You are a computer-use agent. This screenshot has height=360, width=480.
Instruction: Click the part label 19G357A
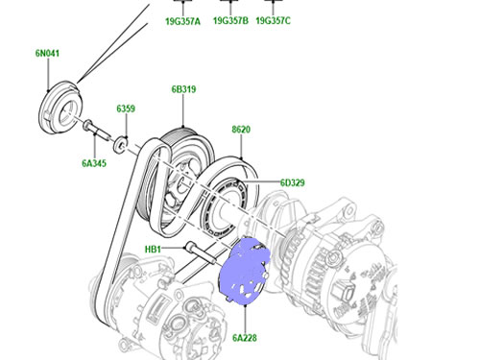click(182, 21)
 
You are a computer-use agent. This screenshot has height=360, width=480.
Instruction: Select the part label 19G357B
click(230, 21)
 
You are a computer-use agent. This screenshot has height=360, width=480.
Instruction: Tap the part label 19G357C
click(274, 20)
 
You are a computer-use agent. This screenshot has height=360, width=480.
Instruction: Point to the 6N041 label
click(47, 53)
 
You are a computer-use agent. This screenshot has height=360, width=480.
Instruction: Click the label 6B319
click(183, 89)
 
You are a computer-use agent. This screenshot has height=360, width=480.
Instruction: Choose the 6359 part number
click(126, 108)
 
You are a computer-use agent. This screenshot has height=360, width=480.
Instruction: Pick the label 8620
click(241, 130)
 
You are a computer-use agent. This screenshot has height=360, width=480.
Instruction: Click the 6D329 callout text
click(293, 182)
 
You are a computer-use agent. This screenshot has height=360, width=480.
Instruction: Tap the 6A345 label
click(94, 163)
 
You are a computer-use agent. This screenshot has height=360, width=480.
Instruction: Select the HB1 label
click(153, 249)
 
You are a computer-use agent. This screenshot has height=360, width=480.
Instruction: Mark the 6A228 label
click(245, 338)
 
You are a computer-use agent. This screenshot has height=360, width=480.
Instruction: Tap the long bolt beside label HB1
click(201, 252)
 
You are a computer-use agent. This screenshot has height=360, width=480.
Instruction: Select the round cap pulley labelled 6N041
click(60, 108)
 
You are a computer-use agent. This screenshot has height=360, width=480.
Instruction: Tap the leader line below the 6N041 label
click(48, 75)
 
